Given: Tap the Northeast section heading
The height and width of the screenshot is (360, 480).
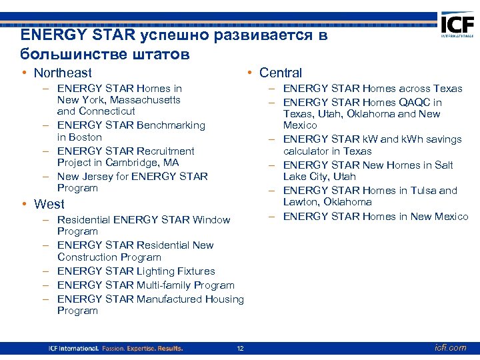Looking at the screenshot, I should (63, 73).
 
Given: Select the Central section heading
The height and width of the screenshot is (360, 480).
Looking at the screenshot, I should (280, 73).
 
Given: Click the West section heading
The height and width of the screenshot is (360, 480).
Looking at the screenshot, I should (49, 204).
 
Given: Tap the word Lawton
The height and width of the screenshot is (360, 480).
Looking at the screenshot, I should (301, 202).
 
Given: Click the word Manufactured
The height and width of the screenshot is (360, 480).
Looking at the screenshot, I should (169, 299).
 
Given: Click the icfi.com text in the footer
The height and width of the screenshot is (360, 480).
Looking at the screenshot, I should (449, 348).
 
